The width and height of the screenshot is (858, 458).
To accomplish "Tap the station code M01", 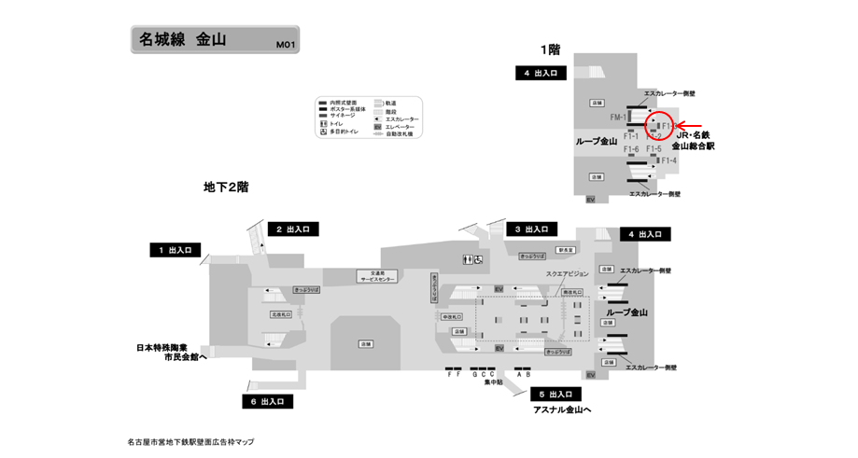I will (284, 44).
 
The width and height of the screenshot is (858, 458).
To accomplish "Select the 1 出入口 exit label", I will (175, 250).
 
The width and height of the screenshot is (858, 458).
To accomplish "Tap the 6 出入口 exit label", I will (267, 401).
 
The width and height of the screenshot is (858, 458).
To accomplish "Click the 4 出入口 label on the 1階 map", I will (541, 72).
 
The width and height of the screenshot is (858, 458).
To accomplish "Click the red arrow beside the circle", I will (690, 124).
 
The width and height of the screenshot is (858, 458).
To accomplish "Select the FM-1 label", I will (617, 118).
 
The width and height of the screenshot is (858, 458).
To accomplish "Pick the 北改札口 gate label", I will (281, 315).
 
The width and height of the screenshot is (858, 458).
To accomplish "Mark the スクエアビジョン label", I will (567, 273).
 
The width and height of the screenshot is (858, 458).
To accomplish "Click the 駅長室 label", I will (566, 250).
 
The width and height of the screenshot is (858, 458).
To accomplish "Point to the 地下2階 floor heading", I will (226, 187).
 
